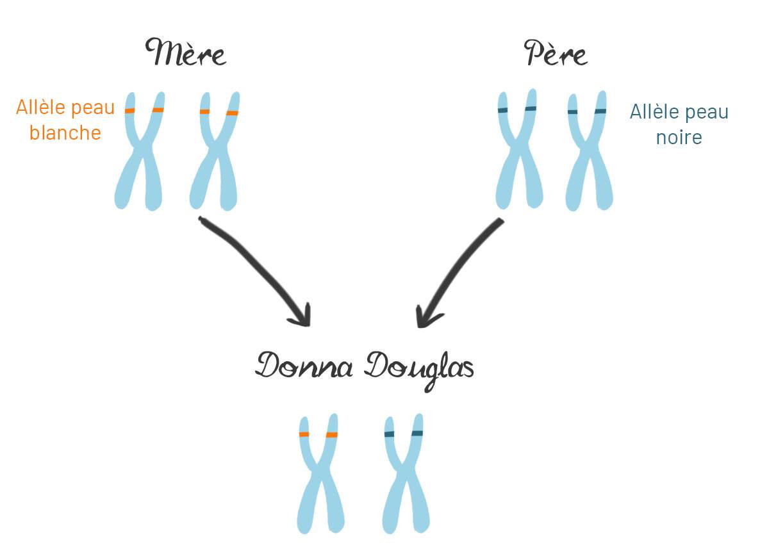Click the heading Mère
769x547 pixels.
click(186, 53)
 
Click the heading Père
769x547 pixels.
click(556, 53)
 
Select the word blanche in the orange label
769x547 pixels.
click(65, 133)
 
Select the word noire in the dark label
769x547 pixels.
click(679, 137)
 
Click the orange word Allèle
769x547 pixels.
click(40, 107)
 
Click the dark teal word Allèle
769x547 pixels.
click(655, 112)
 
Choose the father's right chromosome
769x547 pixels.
click(588, 154)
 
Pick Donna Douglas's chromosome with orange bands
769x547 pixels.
click(319, 474)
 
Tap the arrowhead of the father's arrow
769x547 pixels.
click(424, 317)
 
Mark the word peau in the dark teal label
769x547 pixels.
click(707, 113)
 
